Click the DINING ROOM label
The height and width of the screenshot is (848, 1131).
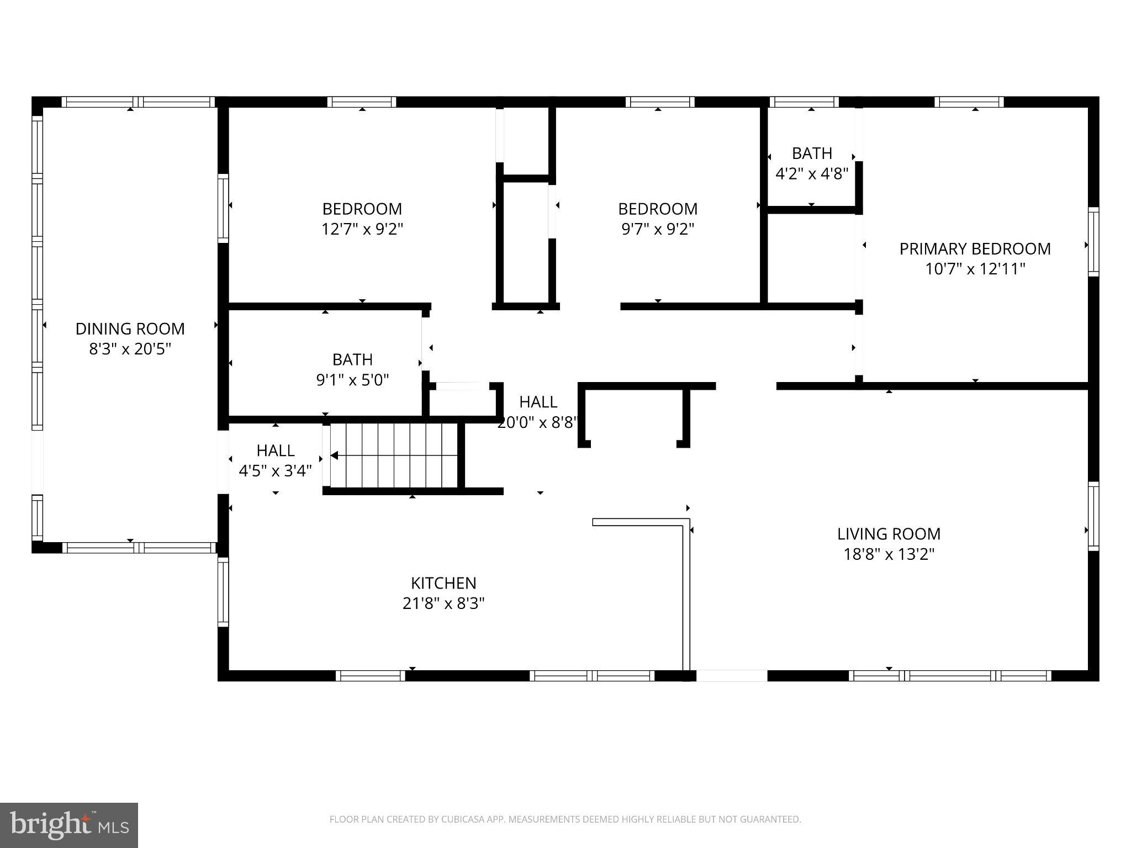click(130, 329)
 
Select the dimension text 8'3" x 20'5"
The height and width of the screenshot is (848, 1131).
click(130, 349)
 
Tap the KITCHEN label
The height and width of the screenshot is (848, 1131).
click(443, 583)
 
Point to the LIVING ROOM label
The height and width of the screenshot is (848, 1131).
click(889, 534)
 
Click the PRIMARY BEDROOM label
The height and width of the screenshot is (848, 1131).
click(975, 249)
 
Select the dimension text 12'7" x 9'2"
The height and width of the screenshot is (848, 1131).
click(362, 229)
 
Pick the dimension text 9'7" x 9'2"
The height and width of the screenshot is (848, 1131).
click(657, 229)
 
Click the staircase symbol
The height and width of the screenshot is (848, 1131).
click(395, 455)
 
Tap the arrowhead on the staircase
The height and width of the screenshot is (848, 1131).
click(335, 455)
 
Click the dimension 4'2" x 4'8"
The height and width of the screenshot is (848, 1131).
click(811, 174)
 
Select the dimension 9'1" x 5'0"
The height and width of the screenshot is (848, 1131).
click(352, 380)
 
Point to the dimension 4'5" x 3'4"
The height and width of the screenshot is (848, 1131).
click(275, 471)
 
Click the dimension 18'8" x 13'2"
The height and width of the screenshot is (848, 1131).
click(889, 554)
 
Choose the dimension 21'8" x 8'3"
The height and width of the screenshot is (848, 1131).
click(443, 603)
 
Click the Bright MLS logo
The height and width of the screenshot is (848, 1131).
click(68, 825)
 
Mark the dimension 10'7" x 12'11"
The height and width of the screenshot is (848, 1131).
click(975, 269)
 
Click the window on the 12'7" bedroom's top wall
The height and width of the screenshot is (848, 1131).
click(362, 102)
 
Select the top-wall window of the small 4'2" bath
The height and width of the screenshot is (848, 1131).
click(804, 102)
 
